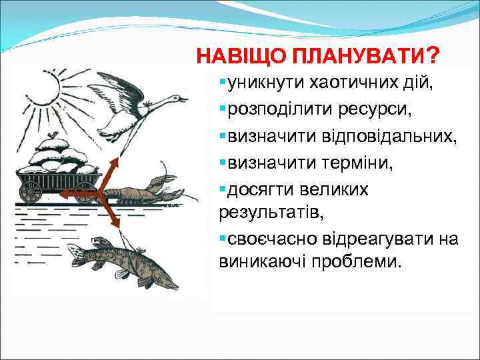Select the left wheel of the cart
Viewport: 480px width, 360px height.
31,192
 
